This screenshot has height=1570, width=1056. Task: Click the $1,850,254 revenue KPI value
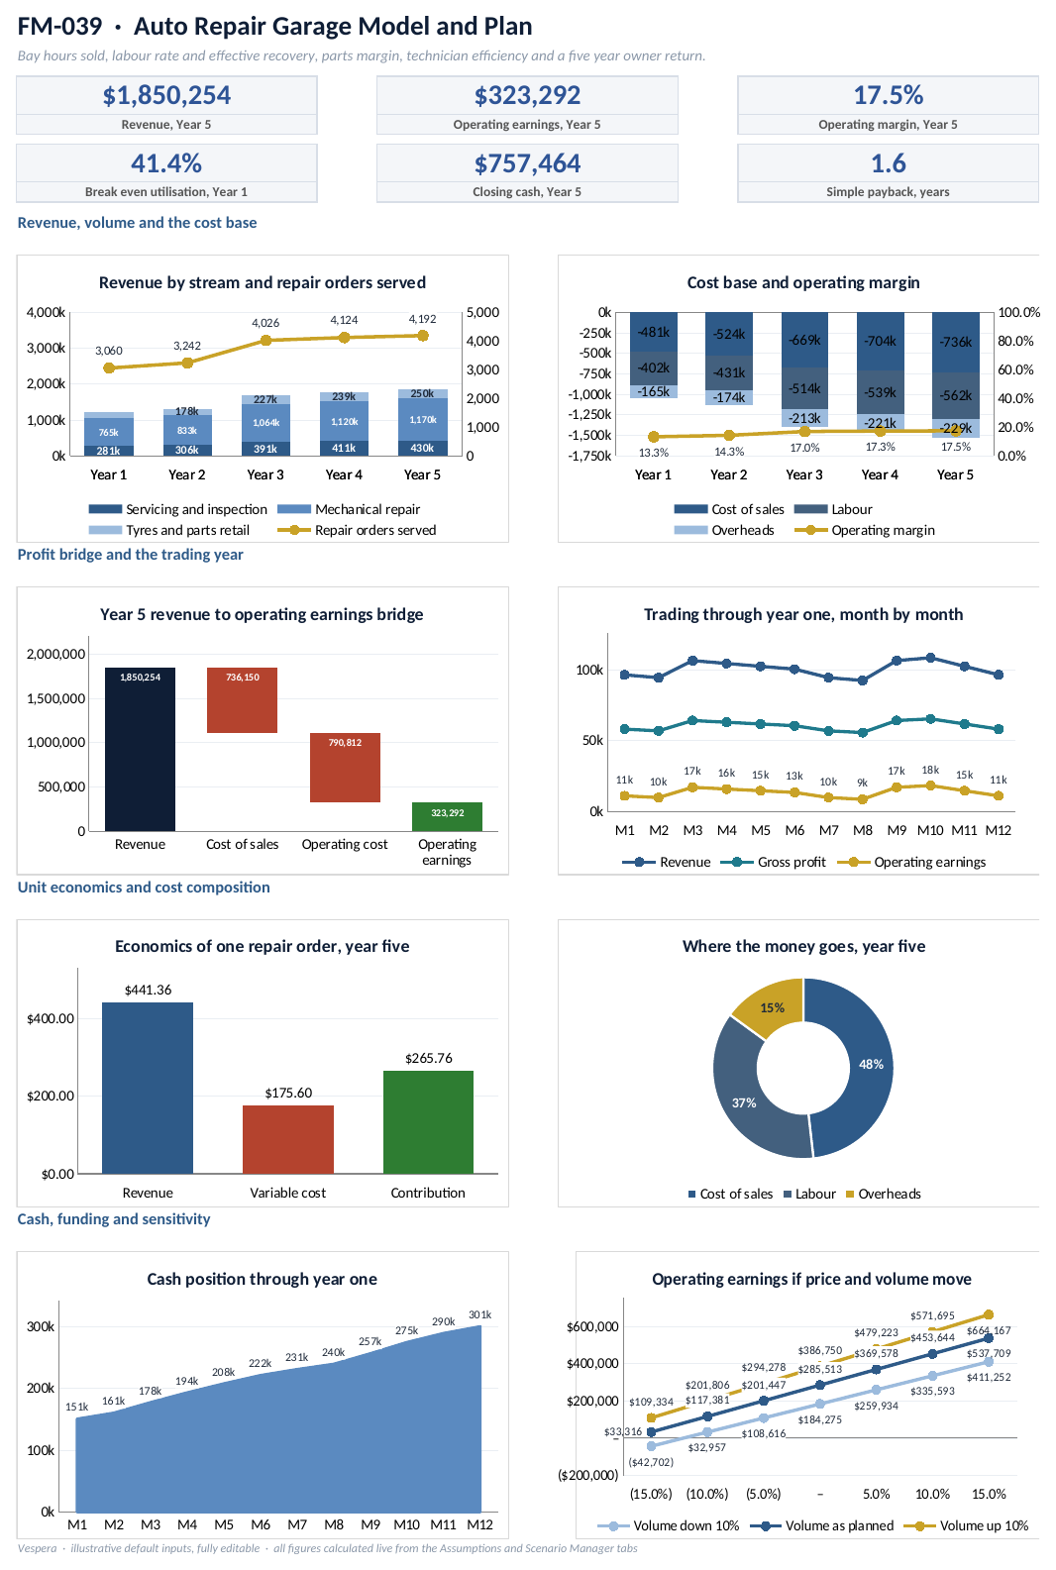click(x=166, y=95)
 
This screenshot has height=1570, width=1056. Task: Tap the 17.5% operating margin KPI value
click(x=888, y=95)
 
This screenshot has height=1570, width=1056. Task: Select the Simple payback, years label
click(x=888, y=192)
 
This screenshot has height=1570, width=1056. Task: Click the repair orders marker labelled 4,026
click(x=265, y=341)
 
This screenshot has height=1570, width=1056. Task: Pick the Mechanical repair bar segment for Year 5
click(x=423, y=419)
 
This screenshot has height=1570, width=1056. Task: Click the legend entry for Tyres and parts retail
click(x=168, y=531)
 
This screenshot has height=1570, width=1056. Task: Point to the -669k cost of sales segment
click(x=804, y=340)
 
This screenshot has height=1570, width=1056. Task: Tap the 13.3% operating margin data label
click(x=653, y=453)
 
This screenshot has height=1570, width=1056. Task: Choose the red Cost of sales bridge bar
click(x=242, y=700)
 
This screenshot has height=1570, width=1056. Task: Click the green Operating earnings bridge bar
click(x=447, y=816)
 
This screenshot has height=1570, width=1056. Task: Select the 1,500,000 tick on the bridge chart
click(x=56, y=698)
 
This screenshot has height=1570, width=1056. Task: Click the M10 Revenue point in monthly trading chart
click(x=930, y=658)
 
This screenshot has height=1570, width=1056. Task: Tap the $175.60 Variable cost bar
click(x=288, y=1140)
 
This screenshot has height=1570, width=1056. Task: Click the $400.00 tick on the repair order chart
click(x=51, y=1019)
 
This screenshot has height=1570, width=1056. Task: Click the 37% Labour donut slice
click(x=744, y=1102)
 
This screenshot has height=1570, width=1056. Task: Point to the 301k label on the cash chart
click(x=480, y=1314)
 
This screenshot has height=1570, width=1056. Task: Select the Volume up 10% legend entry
click(x=966, y=1525)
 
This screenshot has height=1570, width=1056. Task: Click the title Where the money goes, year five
click(x=803, y=946)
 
